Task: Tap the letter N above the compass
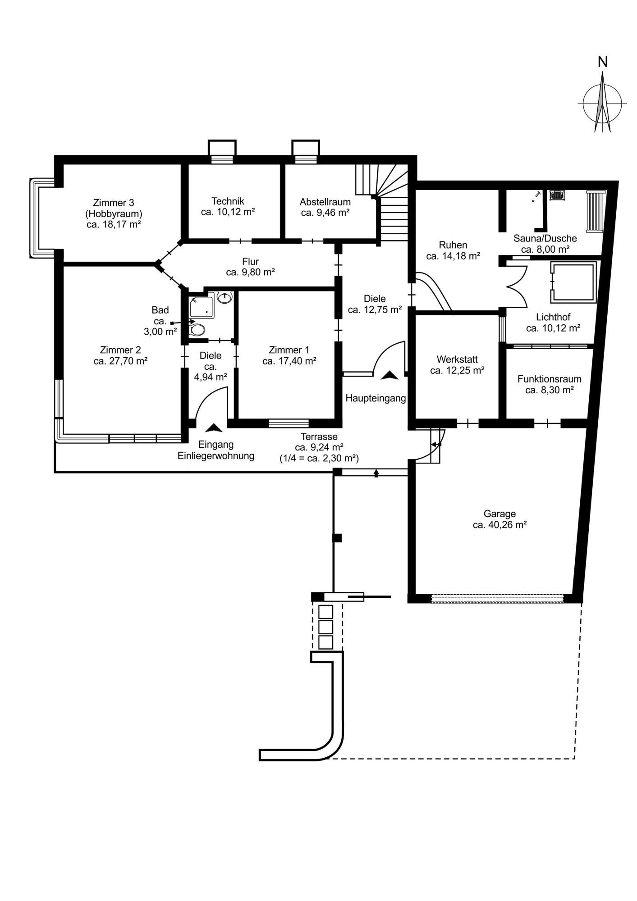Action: point(602,62)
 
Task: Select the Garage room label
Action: point(500,514)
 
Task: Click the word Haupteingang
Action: point(376,398)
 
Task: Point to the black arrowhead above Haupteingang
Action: point(390,375)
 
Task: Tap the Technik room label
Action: point(228,201)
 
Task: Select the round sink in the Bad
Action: point(225,297)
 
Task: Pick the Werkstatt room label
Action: point(457,359)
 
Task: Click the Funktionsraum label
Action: point(549,379)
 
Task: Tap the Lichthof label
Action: point(553,317)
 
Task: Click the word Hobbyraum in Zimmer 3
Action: point(114,214)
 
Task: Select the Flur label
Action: point(250,262)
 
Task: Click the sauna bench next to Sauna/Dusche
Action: point(595,211)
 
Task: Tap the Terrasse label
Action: point(319,437)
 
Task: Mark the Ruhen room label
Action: point(453,245)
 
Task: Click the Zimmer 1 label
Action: point(289,350)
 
